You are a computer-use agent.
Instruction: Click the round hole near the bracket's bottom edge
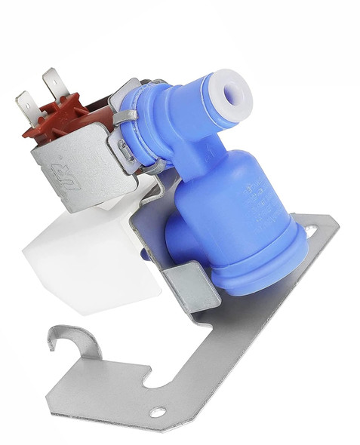click(158, 412)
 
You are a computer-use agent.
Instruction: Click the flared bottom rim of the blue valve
click(257, 283)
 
